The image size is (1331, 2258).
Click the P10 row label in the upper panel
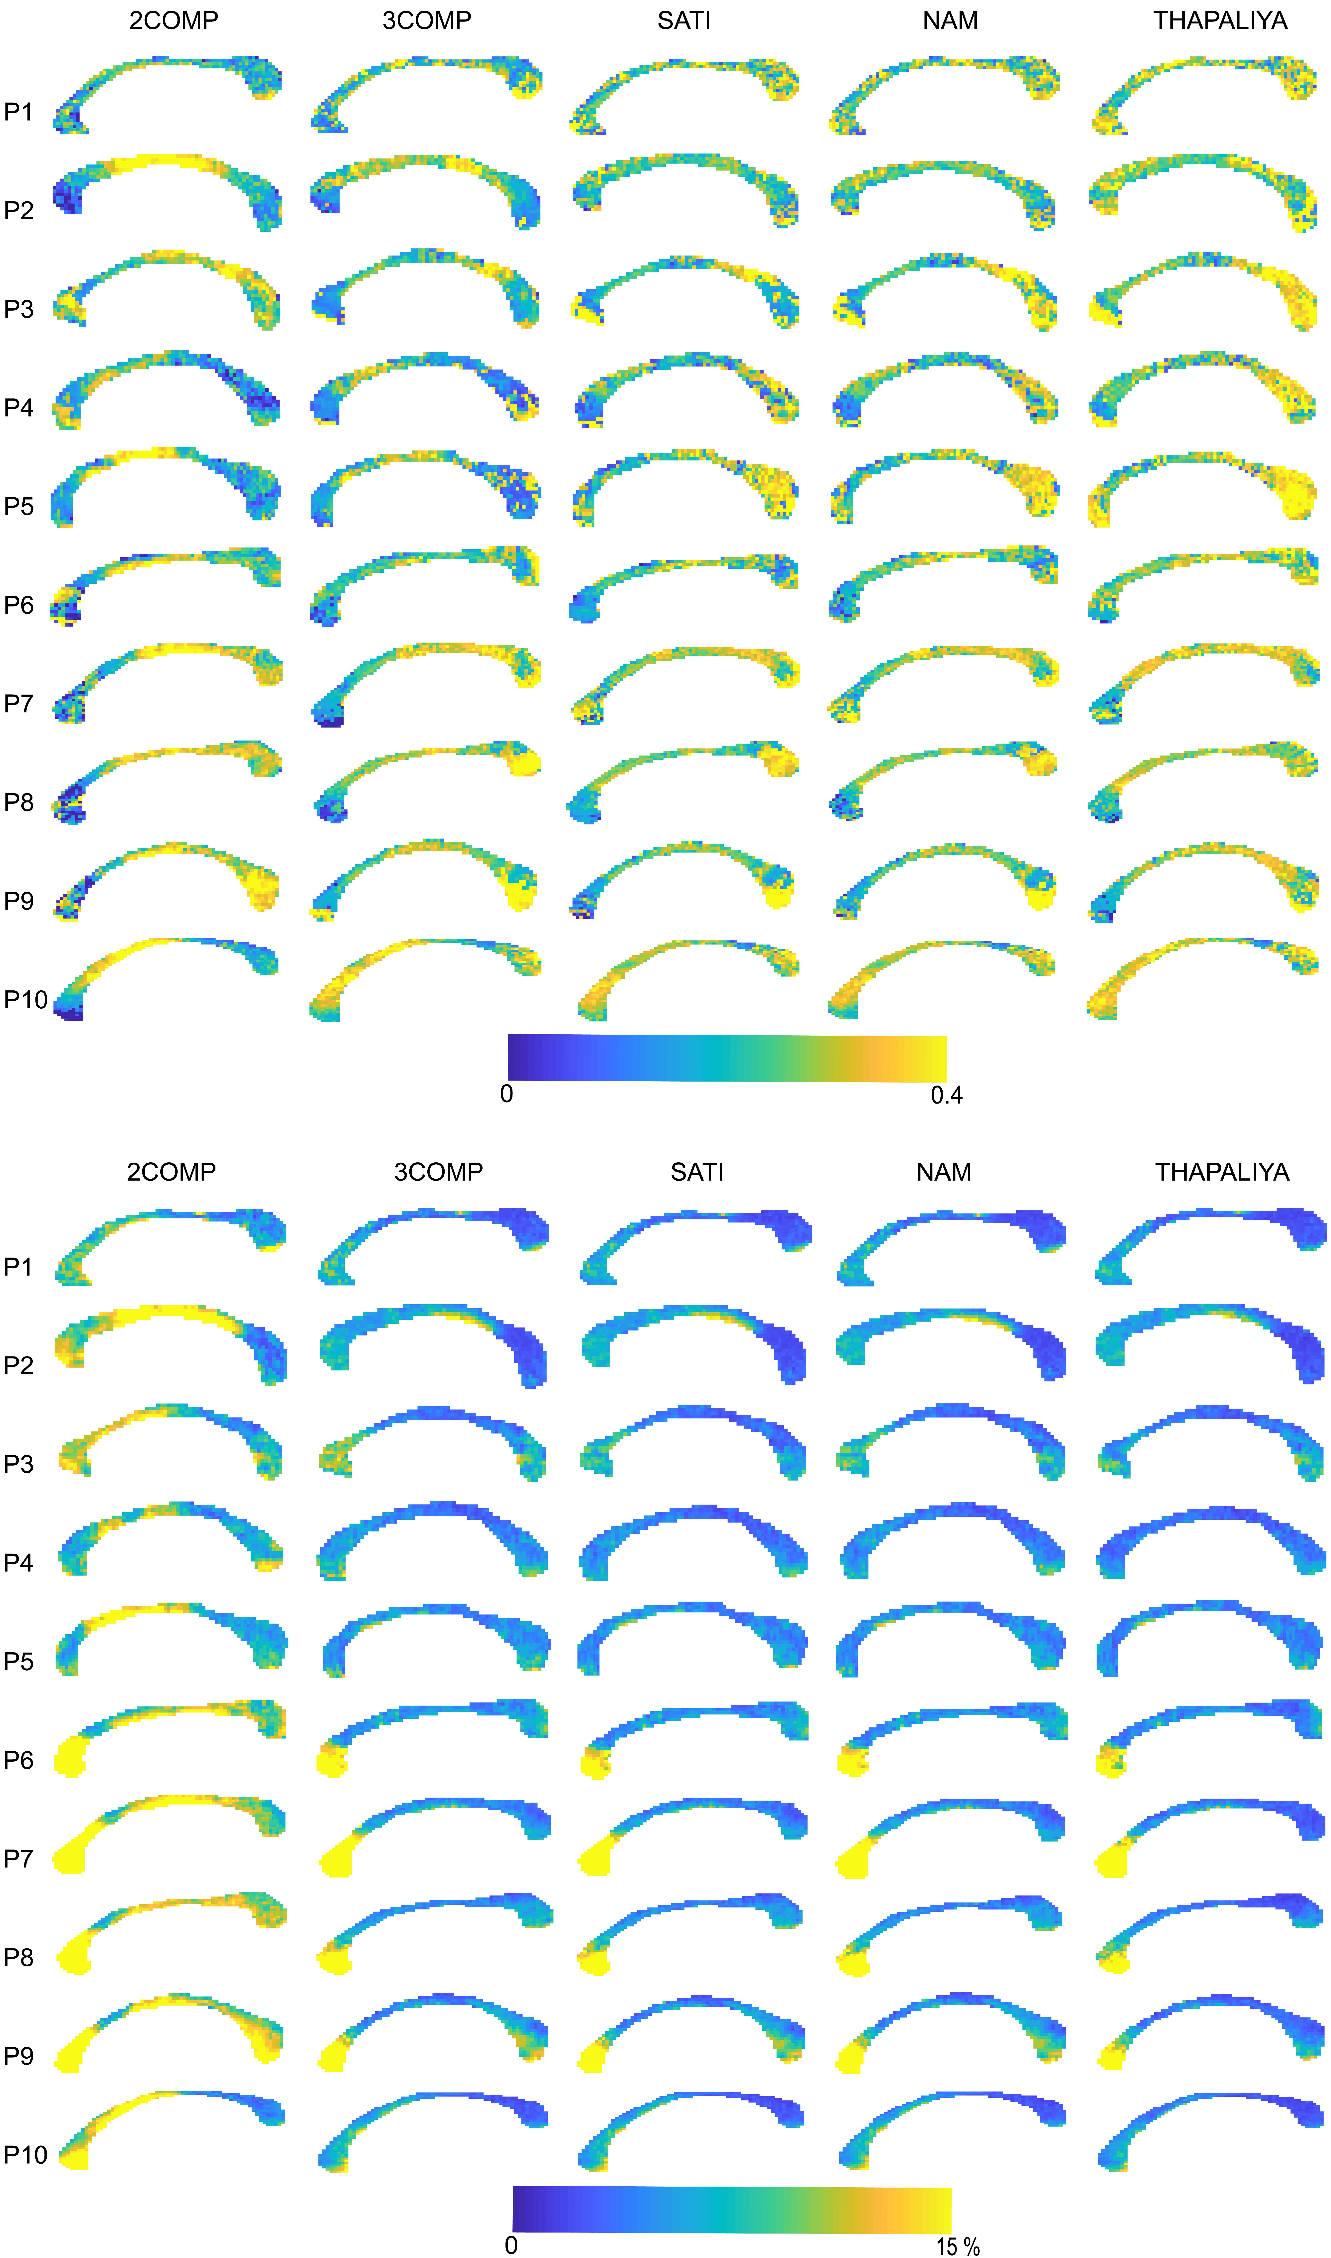tap(25, 999)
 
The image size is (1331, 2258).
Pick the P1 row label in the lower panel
tap(18, 1267)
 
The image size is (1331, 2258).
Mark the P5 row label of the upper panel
tap(18, 506)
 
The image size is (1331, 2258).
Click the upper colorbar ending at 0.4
tap(726, 1058)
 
